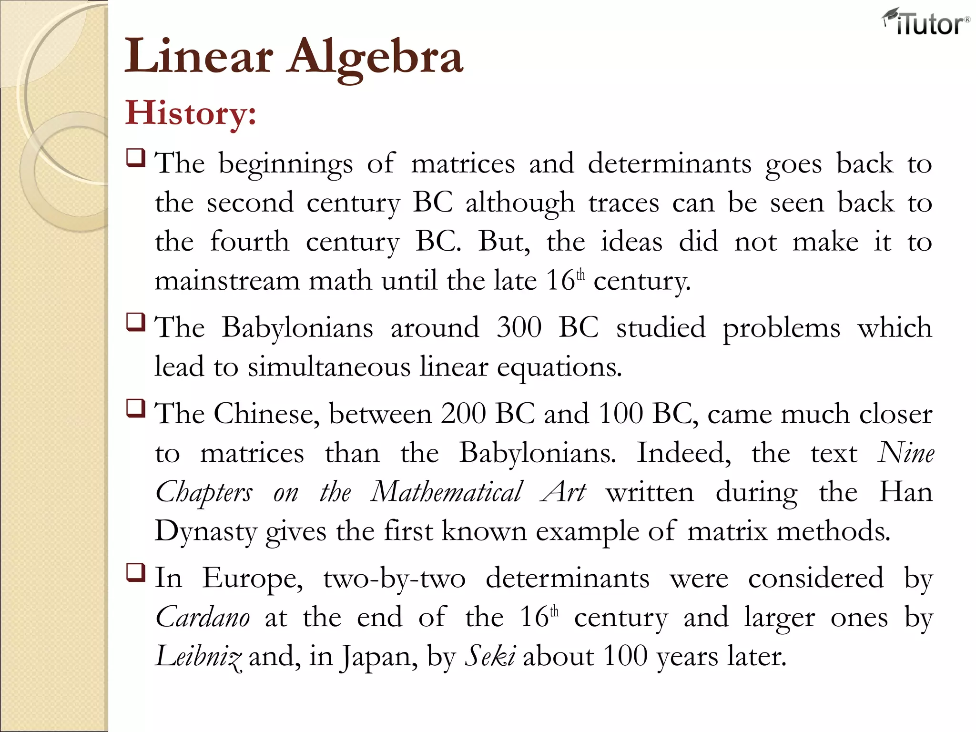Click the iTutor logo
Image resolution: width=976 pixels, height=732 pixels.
(x=925, y=23)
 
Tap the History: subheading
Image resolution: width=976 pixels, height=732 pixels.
(x=191, y=113)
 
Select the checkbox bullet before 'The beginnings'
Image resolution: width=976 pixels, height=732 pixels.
(x=136, y=157)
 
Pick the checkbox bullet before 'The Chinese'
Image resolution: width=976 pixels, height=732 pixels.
(x=136, y=408)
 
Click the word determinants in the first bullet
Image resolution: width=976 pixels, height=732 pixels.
(x=670, y=164)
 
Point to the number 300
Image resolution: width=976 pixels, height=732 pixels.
(x=519, y=328)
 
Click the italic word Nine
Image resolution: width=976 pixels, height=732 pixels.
(x=905, y=453)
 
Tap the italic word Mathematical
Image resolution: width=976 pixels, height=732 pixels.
(x=447, y=492)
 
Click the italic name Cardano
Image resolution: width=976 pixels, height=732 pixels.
(x=203, y=618)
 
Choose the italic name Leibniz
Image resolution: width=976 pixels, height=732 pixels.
(x=198, y=657)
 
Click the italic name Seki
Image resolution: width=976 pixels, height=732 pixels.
(x=490, y=657)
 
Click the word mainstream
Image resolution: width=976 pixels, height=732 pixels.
(x=227, y=281)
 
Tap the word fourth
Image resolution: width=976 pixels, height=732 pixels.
(x=250, y=242)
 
